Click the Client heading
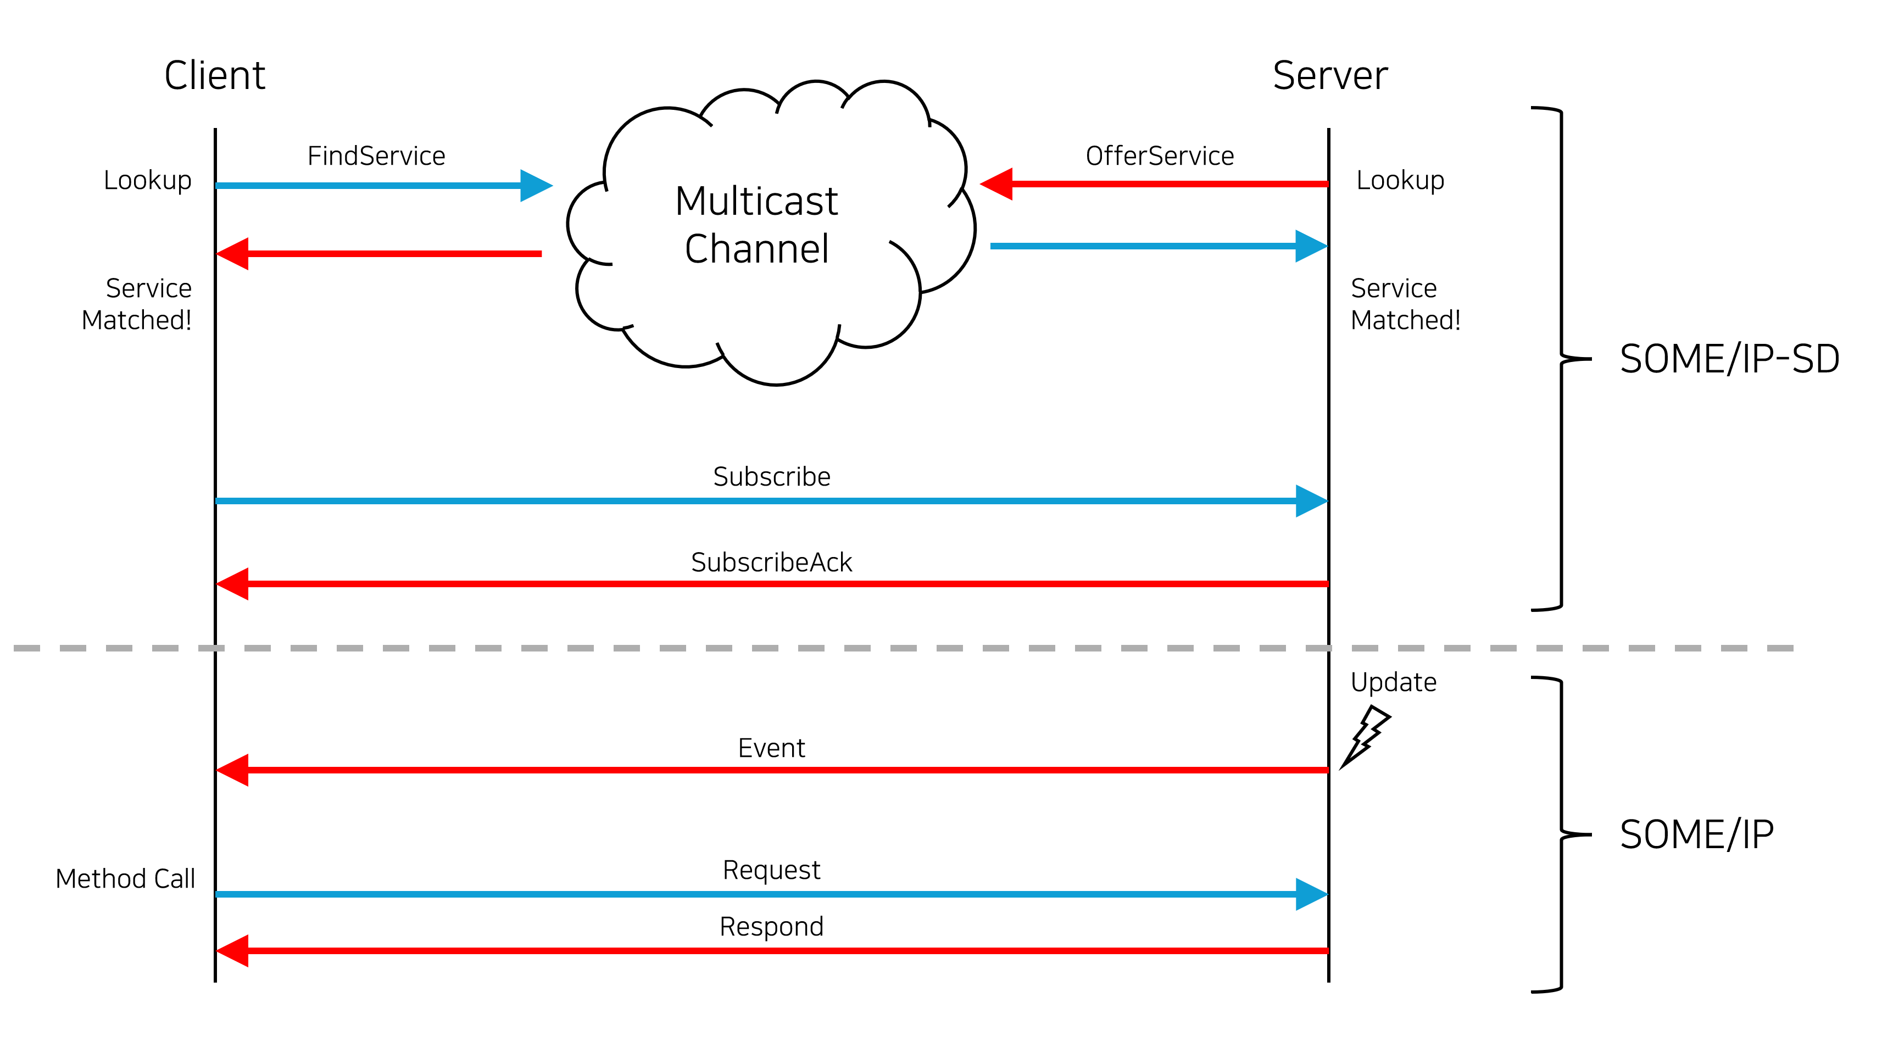214,75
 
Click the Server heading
1330,75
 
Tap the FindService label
376,155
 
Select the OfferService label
1160,155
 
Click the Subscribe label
771,476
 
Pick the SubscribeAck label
771,562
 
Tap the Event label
771,748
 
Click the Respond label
771,927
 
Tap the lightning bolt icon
1365,737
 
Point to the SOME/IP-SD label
1729,359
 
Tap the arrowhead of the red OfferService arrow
996,184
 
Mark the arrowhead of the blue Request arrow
1312,894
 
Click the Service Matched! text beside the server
1405,304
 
